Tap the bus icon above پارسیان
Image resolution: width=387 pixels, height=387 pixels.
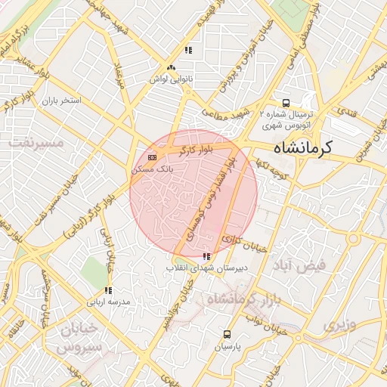coord(228,334)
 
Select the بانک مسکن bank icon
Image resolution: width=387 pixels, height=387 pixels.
coord(153,157)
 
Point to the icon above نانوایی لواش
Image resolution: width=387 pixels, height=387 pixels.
coord(188,51)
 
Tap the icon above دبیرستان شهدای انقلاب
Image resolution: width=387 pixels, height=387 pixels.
coord(207,257)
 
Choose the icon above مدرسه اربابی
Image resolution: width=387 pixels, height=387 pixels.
coord(108,290)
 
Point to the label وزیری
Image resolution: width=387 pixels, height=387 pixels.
coord(339,326)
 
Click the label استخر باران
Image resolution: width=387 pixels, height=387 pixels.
coord(60,100)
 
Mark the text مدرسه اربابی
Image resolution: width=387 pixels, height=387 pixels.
coord(110,301)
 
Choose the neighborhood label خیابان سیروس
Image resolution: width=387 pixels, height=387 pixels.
coord(75,338)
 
